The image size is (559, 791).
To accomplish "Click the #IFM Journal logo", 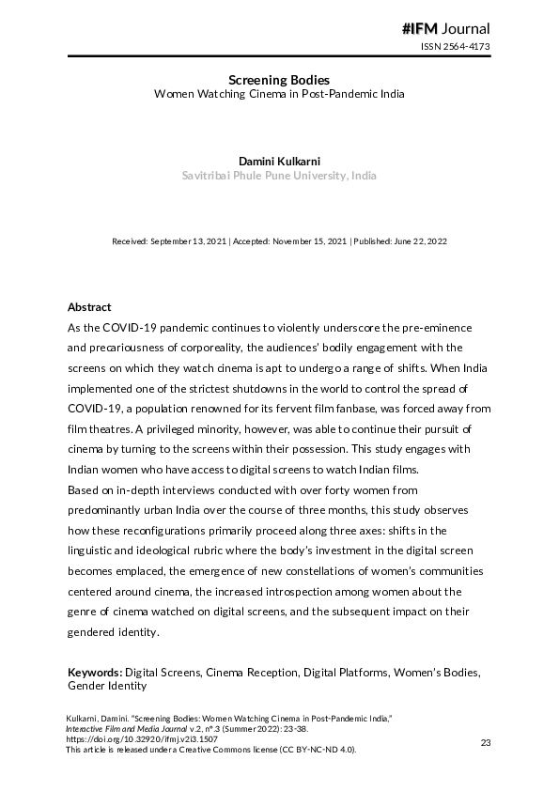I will pos(445,28).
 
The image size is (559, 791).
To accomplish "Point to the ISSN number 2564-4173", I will pos(455,47).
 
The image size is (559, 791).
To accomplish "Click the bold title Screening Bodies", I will pos(279,80).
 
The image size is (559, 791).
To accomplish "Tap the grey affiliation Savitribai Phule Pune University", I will pos(279,176).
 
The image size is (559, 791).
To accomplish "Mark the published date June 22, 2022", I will pos(419,241).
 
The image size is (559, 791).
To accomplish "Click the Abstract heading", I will pos(89,307).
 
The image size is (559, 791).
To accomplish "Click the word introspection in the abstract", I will pos(299,592).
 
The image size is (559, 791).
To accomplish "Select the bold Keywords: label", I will pos(95,674).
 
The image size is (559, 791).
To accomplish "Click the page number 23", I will pos(486,743).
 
